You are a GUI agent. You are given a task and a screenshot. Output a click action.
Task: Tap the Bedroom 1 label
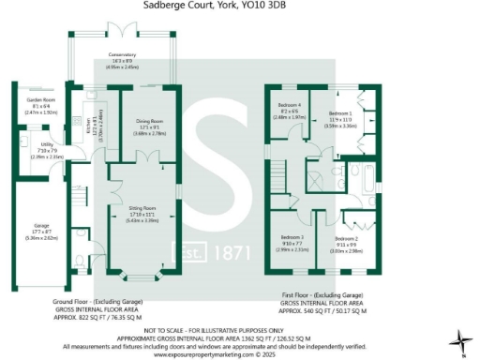340,109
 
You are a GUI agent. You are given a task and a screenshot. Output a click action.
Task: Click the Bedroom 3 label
292,238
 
